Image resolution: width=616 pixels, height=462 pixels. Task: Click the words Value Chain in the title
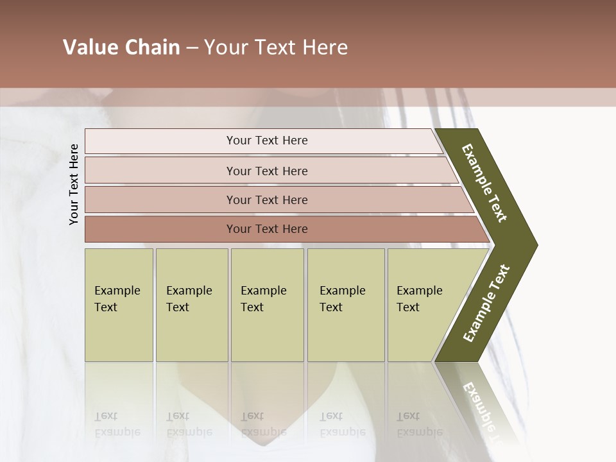(x=121, y=47)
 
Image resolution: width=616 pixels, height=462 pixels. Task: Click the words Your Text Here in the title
(x=276, y=47)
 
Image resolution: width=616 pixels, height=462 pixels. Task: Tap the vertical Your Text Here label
(x=74, y=184)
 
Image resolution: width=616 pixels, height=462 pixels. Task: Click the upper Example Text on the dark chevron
(x=484, y=183)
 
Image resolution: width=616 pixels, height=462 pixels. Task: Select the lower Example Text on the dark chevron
(x=486, y=303)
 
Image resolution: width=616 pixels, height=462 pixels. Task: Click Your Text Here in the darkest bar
(x=267, y=229)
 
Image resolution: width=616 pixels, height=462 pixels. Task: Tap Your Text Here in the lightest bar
(x=267, y=141)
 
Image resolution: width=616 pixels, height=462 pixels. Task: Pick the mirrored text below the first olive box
(x=117, y=424)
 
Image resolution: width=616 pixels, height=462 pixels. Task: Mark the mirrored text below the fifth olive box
(x=419, y=424)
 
